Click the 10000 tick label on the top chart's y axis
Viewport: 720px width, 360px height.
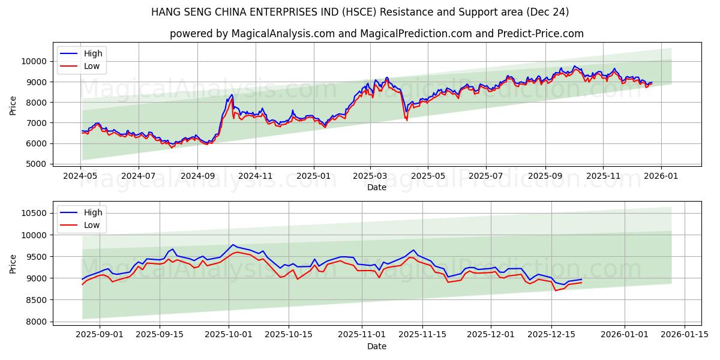[x=34, y=61]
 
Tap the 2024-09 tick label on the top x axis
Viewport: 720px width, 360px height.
[x=197, y=176]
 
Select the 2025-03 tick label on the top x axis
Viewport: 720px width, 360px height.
[x=370, y=176]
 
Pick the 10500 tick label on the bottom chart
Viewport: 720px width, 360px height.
[x=34, y=213]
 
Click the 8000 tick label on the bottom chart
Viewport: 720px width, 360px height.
[x=36, y=322]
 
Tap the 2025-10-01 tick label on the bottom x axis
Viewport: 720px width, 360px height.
[x=229, y=334]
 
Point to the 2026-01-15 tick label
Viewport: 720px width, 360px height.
[x=684, y=334]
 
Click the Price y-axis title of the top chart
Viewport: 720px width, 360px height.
[x=13, y=105]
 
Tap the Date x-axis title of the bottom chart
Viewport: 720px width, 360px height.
[x=377, y=346]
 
